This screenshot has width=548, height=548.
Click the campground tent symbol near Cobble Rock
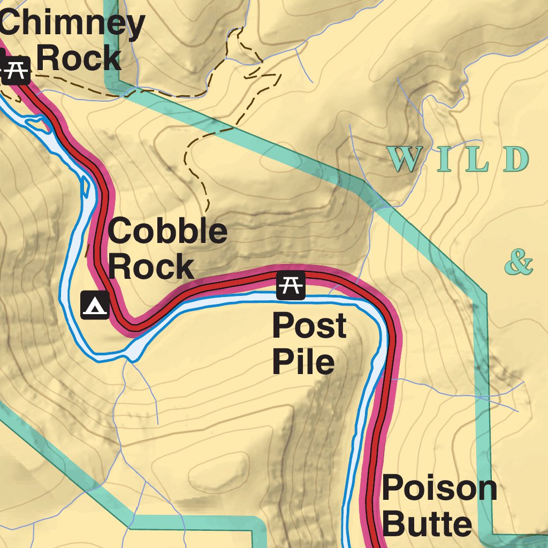point(95,306)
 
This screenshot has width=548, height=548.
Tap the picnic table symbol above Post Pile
point(291,285)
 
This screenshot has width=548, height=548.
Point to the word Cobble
point(168,232)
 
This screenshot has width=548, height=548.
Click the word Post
point(309,326)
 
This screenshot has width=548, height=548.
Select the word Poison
point(439,488)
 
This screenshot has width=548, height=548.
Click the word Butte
point(428,523)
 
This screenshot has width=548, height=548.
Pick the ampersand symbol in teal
point(519,263)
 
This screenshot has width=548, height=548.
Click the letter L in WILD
point(478,159)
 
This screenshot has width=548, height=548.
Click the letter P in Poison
point(393,488)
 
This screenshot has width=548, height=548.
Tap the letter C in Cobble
point(121,232)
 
